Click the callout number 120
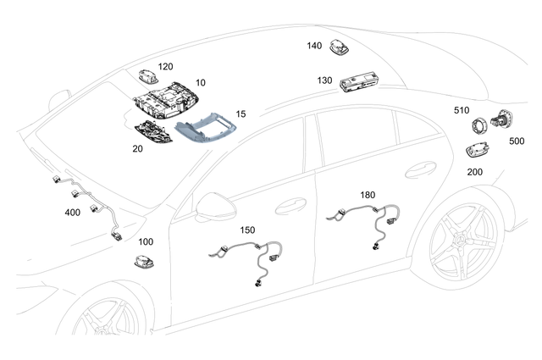tap(164, 65)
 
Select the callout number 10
tap(200, 84)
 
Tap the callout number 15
tap(241, 113)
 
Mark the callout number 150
tap(247, 230)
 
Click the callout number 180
tap(367, 195)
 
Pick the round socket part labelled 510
tap(482, 126)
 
